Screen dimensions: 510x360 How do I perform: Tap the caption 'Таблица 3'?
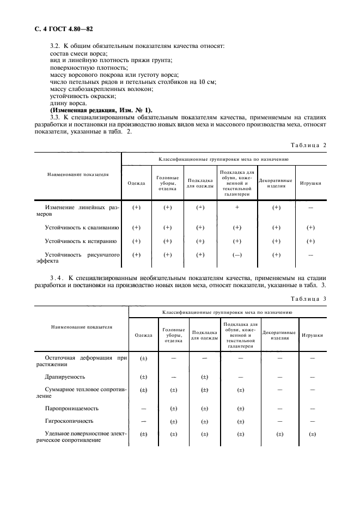(x=308, y=298)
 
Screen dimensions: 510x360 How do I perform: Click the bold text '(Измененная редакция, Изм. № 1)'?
(x=101, y=110)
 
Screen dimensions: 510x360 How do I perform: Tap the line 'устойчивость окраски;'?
(x=75, y=96)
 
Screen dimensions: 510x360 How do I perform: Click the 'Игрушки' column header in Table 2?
(x=310, y=183)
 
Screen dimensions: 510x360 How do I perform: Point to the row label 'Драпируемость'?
(x=65, y=377)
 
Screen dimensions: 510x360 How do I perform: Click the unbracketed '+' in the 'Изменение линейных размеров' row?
(x=237, y=208)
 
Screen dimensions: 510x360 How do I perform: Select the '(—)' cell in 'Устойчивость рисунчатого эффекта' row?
(x=237, y=255)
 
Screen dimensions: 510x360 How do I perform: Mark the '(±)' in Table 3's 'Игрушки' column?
(x=312, y=434)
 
